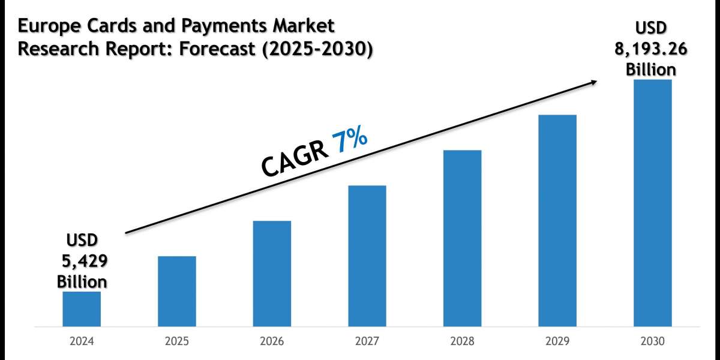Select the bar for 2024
82,309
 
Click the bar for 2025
176,292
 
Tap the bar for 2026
272,274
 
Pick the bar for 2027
367,256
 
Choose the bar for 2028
462,238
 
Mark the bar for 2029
557,221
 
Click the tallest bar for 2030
652,203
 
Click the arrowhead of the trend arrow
593,82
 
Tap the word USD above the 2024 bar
82,241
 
